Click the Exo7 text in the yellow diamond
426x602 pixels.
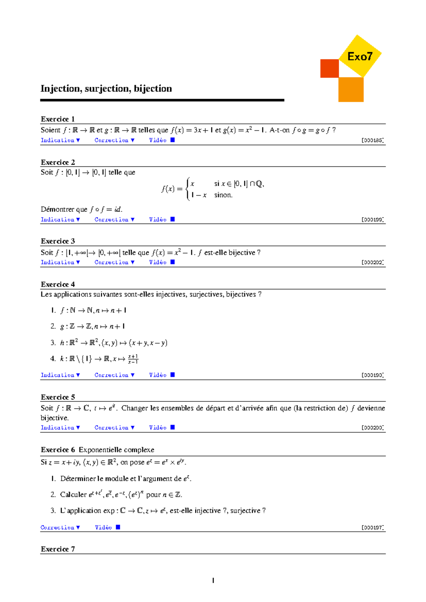pyautogui.click(x=360, y=57)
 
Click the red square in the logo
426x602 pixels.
pyautogui.click(x=329, y=69)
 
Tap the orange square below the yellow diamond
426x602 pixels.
pyautogui.click(x=351, y=89)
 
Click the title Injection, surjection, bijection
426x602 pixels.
pyautogui.click(x=106, y=88)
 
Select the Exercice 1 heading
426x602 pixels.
pyautogui.click(x=58, y=119)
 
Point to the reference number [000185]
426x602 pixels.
pyautogui.click(x=372, y=140)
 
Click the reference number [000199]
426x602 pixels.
pyautogui.click(x=372, y=220)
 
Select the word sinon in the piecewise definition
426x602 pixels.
pyautogui.click(x=223, y=195)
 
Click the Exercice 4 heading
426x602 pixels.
pyautogui.click(x=58, y=284)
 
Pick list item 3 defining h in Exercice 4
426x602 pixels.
pyautogui.click(x=109, y=343)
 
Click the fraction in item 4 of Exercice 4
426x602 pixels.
pyautogui.click(x=133, y=359)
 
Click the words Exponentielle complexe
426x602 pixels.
pyautogui.click(x=116, y=450)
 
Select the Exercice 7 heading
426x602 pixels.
pyautogui.click(x=58, y=549)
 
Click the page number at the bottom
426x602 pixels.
pyautogui.click(x=213, y=580)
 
